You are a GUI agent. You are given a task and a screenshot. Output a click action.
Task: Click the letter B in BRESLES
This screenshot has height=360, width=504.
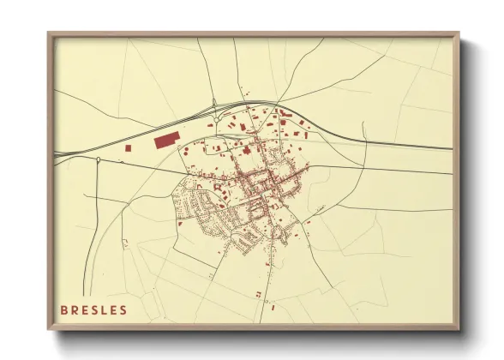click(64, 310)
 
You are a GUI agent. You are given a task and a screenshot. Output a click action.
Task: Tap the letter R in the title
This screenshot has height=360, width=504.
click(75, 310)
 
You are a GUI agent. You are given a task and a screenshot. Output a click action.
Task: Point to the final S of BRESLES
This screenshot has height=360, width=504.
click(123, 310)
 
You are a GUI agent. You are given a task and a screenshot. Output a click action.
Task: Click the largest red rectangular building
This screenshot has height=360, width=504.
click(165, 140)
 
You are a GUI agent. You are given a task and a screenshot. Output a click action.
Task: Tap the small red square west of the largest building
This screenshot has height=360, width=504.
click(129, 147)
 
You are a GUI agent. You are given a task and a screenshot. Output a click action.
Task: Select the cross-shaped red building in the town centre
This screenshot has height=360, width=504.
click(248, 151)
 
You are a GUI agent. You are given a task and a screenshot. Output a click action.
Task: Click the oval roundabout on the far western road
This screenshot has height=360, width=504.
click(99, 159)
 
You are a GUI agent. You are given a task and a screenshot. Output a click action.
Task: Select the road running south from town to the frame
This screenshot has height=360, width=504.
click(267, 274)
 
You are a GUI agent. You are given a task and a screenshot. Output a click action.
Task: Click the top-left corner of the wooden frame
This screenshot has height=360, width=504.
click(49, 34)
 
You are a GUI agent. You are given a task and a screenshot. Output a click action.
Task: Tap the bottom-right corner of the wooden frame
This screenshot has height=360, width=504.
click(459, 329)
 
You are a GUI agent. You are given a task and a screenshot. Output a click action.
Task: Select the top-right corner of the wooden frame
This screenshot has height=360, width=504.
click(459, 34)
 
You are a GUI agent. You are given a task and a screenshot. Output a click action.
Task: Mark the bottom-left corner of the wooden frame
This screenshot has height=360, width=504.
click(49, 329)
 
